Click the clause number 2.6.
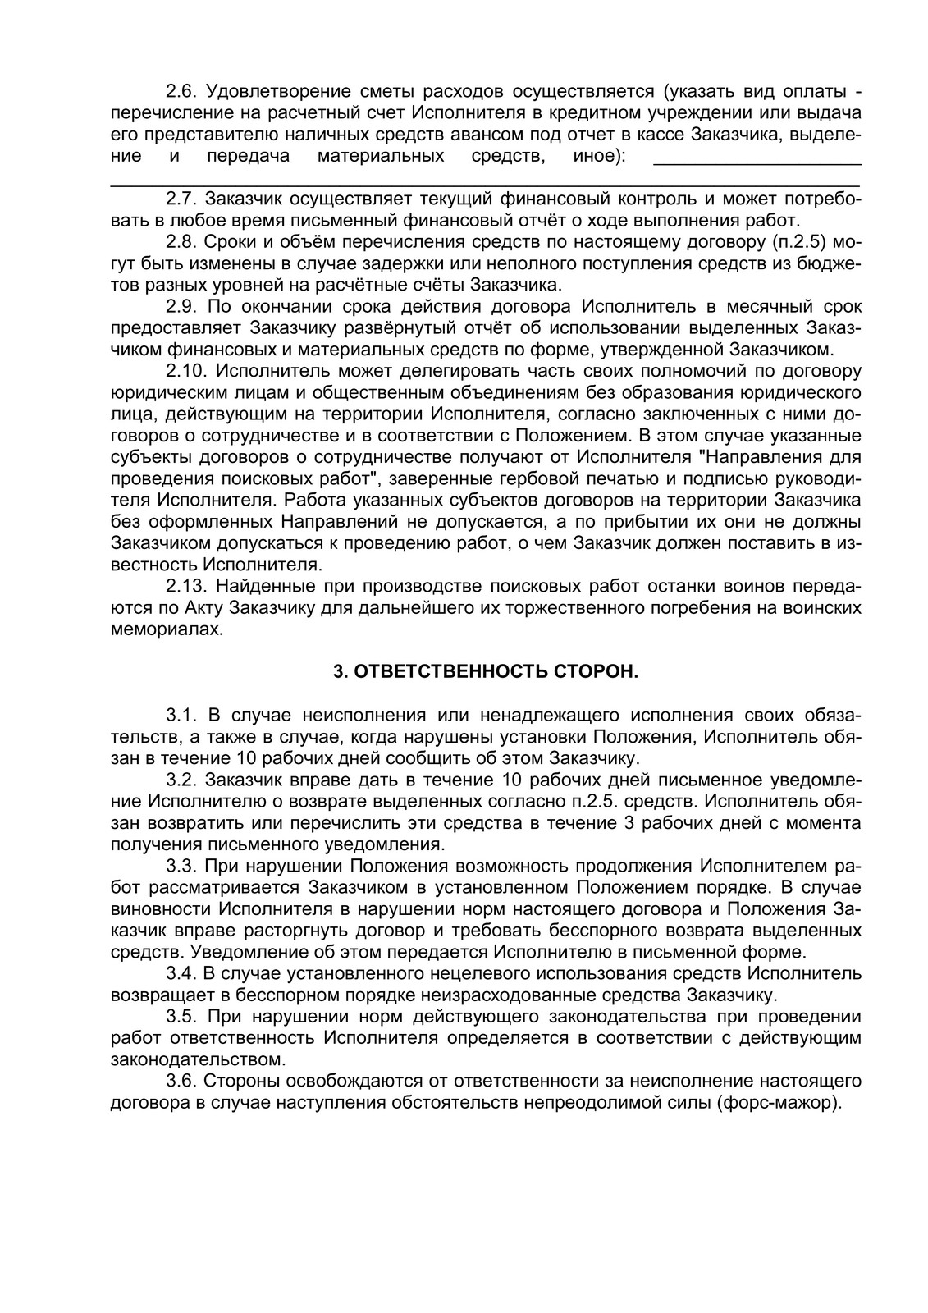(179, 91)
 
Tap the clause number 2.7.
(179, 199)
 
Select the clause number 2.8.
(179, 243)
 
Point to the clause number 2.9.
(179, 307)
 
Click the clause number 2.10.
(184, 371)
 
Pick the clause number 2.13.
(184, 587)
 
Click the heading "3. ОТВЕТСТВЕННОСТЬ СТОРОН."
(485, 672)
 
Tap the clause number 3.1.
(179, 715)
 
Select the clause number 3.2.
(179, 780)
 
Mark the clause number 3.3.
(179, 866)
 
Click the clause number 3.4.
(179, 974)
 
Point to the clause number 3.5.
(179, 1017)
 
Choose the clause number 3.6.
(179, 1081)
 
